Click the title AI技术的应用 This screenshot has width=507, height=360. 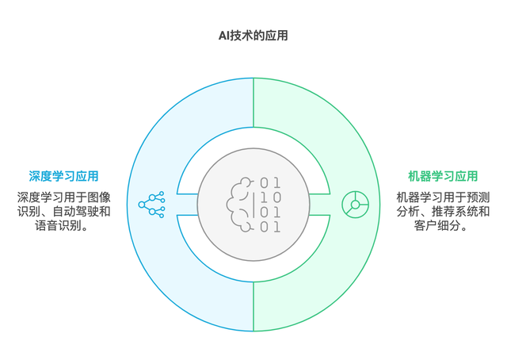point(253,35)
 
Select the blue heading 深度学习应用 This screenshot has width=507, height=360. point(64,176)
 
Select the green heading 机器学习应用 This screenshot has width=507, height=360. point(443,176)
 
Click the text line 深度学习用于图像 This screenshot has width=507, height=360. point(64,197)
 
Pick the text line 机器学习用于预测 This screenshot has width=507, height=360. point(443,197)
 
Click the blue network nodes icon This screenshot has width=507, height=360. point(151,205)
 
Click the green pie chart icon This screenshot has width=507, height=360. point(355,205)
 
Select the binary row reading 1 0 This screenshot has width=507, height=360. point(270,197)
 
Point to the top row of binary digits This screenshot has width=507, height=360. point(270,183)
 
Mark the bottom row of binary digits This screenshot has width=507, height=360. point(270,228)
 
